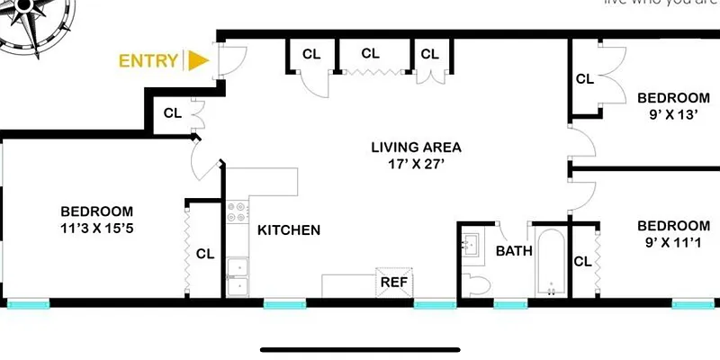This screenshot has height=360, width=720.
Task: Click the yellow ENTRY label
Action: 148,61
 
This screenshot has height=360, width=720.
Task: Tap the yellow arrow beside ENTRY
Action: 197,60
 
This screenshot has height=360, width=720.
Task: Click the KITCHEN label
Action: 289,230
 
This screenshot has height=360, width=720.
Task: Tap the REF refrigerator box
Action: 393,281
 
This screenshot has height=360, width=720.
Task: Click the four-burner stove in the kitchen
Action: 238,212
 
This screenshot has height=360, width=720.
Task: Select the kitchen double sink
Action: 238,276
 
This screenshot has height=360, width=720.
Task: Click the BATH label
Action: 514,251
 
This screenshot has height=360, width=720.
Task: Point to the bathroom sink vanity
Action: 472,244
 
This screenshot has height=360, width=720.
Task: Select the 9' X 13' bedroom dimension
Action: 673,114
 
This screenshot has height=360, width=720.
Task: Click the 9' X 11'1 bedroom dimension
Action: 673,242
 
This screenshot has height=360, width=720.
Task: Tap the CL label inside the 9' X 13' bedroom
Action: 585,79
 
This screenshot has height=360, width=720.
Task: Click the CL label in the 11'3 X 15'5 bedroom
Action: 205,254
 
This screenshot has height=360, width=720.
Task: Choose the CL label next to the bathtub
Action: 582,262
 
